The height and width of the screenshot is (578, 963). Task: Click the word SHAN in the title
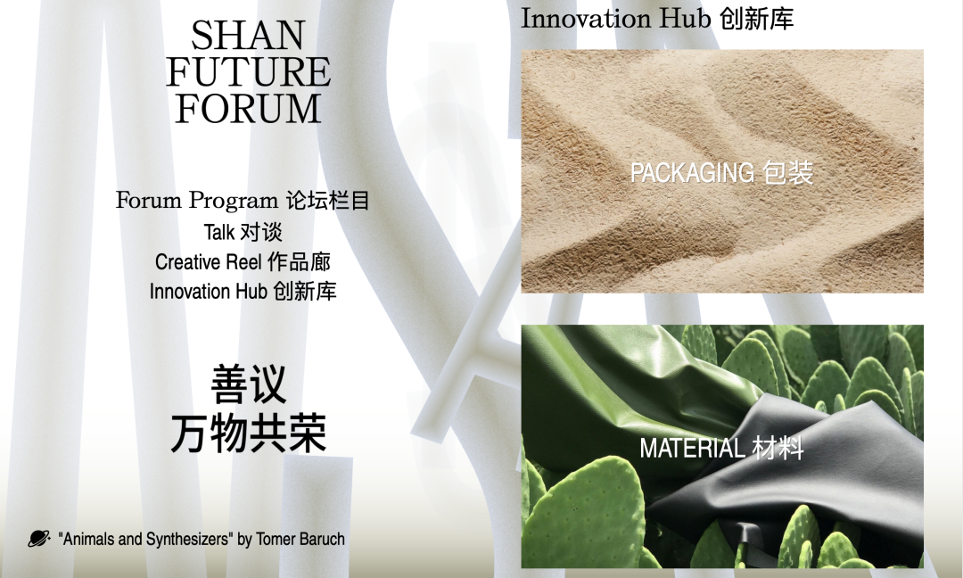248,36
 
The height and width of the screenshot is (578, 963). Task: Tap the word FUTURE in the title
248,72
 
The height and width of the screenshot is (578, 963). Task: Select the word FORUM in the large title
248,109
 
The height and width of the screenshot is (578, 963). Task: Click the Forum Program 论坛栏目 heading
243,200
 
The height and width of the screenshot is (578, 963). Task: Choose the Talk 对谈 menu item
243,232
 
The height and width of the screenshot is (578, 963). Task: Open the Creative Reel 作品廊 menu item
243,261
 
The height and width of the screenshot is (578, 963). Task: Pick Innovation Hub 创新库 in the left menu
243,291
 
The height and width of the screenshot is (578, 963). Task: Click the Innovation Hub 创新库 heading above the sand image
657,19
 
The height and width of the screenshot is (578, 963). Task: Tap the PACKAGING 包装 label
721,173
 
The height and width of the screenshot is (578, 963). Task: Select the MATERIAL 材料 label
721,448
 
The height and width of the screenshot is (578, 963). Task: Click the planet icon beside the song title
38,539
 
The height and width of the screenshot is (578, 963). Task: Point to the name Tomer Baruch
300,540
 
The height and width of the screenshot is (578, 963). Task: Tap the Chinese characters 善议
248,384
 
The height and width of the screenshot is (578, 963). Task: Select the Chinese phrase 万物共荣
248,433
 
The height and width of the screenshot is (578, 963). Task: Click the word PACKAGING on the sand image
692,173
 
